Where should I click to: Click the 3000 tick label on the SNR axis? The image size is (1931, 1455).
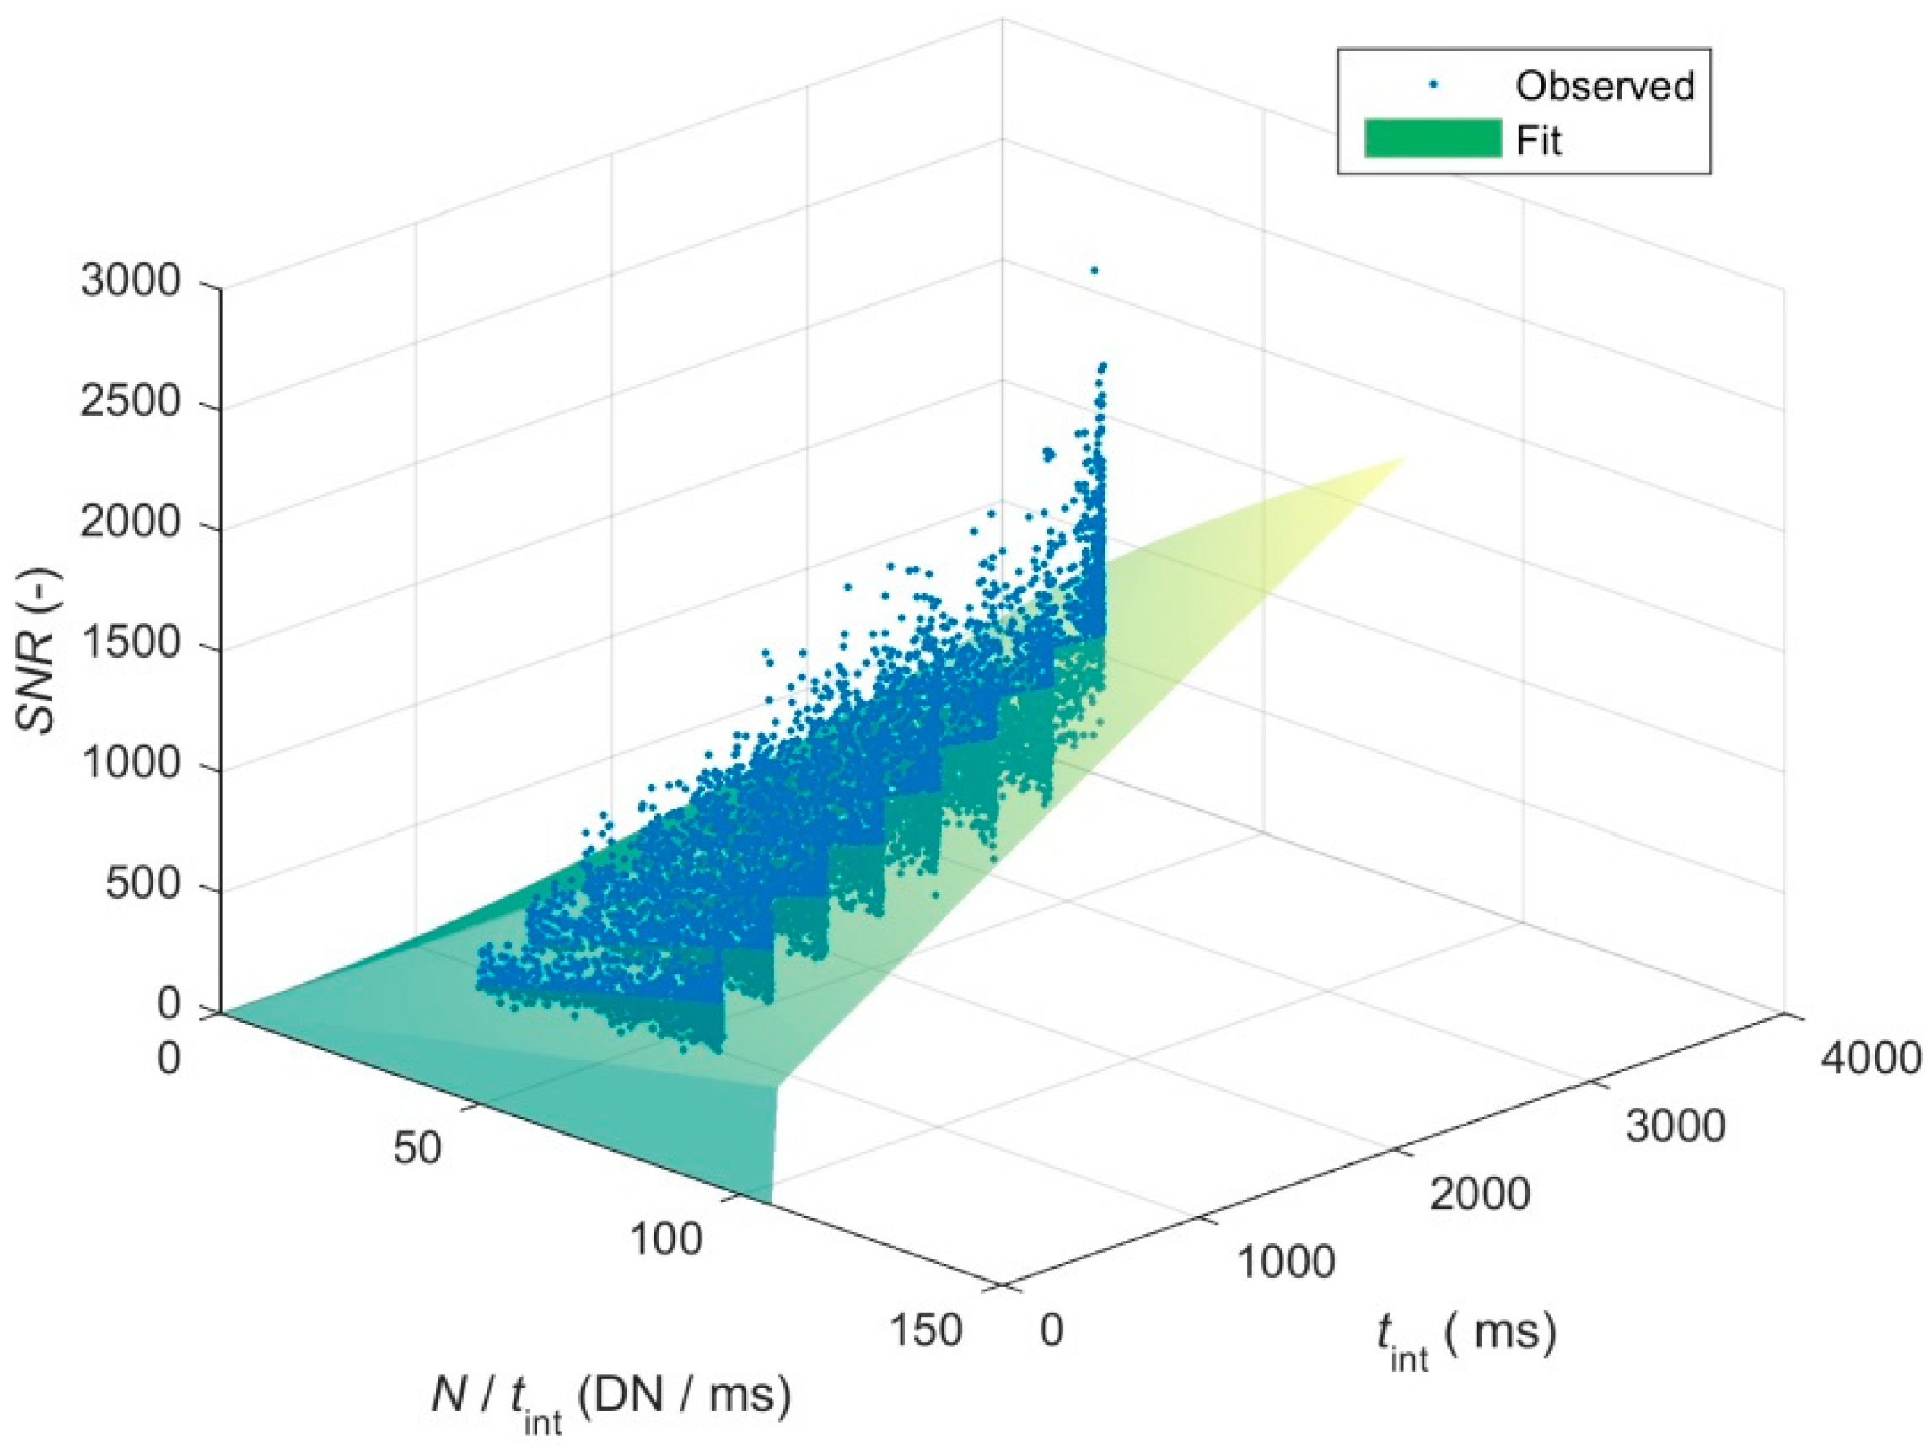pos(130,282)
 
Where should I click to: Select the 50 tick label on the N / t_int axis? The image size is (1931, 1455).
pos(417,1150)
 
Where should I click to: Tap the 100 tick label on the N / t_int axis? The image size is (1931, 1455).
pos(665,1239)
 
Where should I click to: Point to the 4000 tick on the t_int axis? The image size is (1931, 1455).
pos(1870,1058)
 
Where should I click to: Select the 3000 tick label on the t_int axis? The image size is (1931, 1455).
pos(1676,1128)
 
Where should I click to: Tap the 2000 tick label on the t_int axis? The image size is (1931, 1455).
pos(1480,1195)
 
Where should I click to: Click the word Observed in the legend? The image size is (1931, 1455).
pos(1605,85)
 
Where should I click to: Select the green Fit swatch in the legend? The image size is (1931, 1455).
pos(1433,139)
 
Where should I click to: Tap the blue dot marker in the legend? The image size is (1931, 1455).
pos(1433,85)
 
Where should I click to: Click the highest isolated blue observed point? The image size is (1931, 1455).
pos(1094,271)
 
